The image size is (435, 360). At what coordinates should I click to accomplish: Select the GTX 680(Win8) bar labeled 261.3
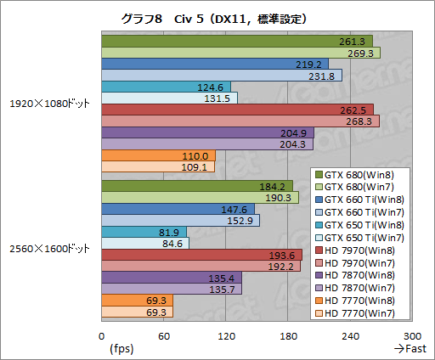[x=212, y=41]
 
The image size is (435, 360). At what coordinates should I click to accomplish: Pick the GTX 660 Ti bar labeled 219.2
[x=195, y=64]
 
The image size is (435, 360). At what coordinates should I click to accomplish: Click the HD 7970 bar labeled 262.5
[x=212, y=110]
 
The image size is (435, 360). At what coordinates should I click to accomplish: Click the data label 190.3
[x=280, y=197]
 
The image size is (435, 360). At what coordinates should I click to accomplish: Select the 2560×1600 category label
[x=50, y=249]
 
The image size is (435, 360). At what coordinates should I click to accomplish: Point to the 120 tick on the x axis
[x=226, y=335]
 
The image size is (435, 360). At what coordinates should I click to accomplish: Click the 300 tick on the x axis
[x=414, y=335]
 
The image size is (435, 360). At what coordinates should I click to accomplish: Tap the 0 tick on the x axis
[x=102, y=335]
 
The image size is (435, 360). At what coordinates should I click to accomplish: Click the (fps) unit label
[x=121, y=348]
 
